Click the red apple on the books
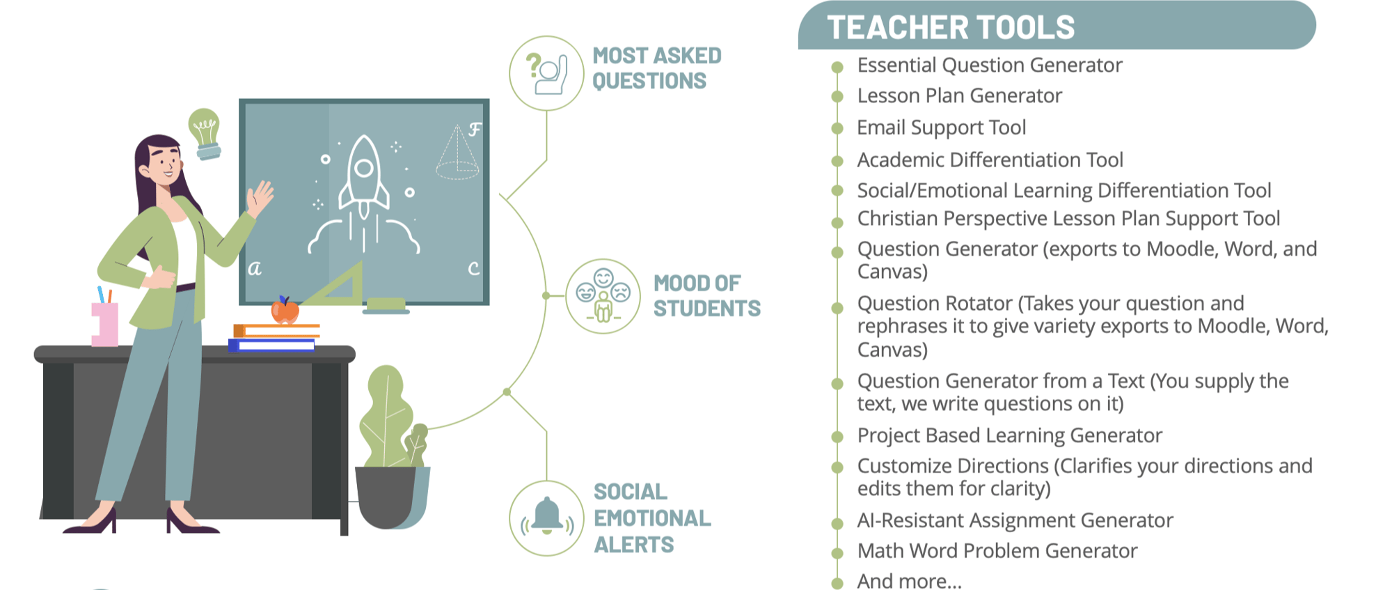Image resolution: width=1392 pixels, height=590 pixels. point(285,311)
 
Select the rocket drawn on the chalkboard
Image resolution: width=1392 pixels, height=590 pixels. point(363,195)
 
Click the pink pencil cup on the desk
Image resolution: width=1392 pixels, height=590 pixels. point(104,324)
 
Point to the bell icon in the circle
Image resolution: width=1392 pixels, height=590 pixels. point(547,515)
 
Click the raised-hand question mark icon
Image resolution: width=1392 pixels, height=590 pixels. point(547,72)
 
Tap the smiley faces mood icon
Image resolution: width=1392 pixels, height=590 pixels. point(603,295)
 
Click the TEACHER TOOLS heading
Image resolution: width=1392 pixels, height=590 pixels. point(951,28)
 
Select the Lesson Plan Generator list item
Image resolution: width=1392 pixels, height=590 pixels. point(959,95)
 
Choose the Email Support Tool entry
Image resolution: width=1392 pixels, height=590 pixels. point(941,127)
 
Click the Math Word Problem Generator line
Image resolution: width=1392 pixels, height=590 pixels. point(997,551)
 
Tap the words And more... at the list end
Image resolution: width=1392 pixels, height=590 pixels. point(909,581)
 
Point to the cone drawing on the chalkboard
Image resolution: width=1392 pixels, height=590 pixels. point(457,153)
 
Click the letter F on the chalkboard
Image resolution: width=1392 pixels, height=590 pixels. point(475,130)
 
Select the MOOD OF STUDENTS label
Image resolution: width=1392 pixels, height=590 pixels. point(706,295)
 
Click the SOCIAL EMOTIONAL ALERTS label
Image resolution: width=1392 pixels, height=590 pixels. point(652,518)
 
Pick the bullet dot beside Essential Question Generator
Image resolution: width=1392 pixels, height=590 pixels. point(837,67)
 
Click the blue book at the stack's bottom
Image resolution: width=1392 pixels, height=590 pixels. point(271,345)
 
